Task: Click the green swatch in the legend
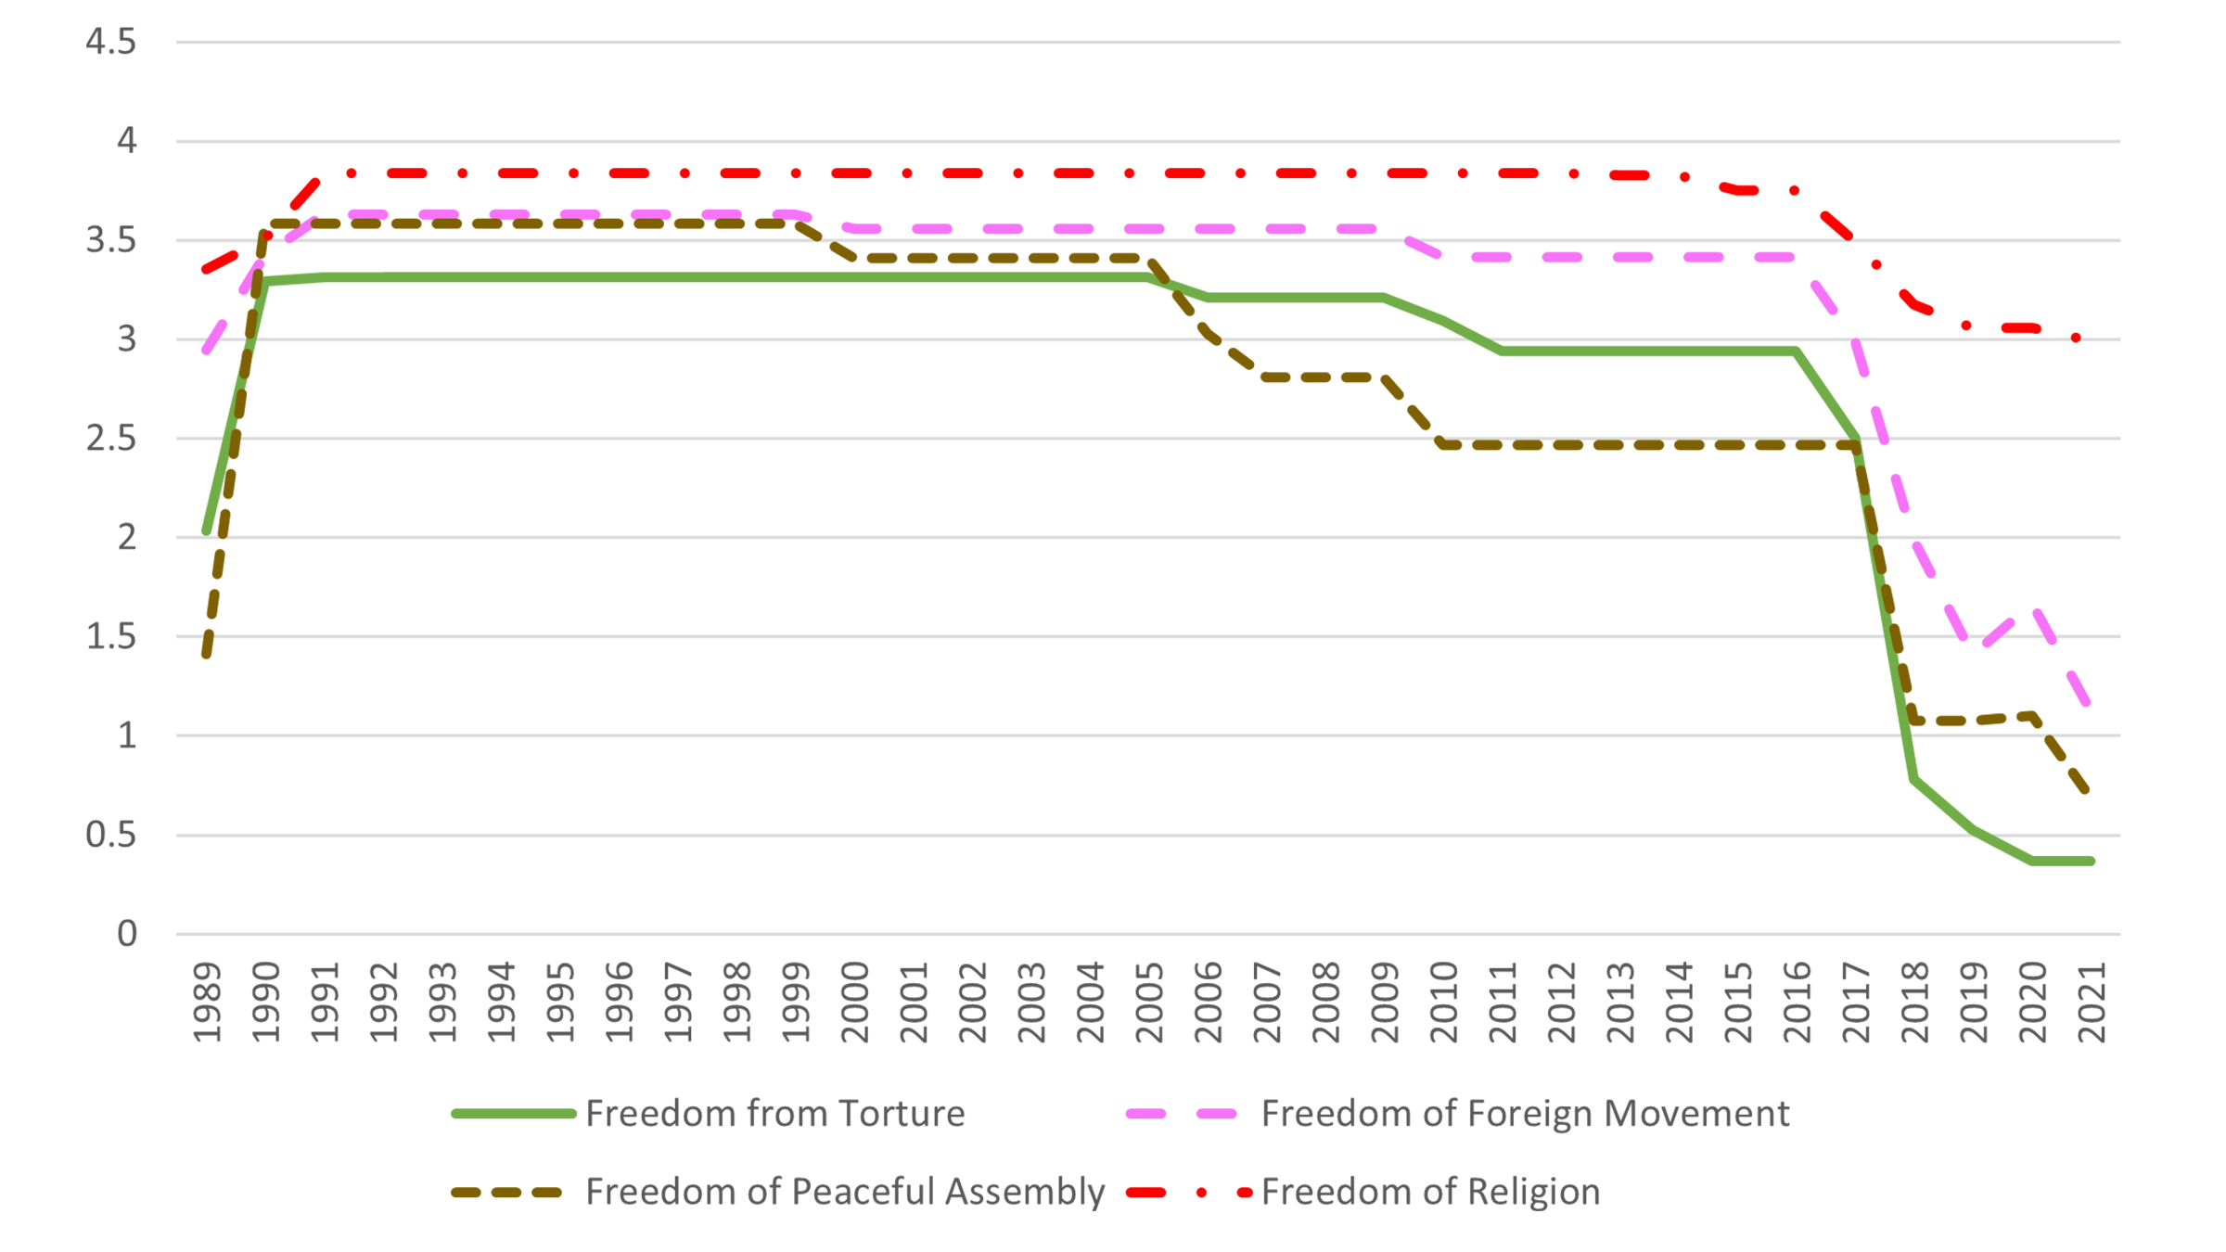pos(479,1113)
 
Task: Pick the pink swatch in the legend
pos(1159,1113)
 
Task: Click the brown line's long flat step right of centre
pos(1632,465)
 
